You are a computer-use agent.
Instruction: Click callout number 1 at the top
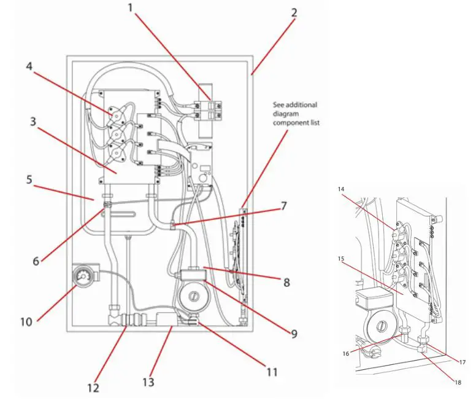coord(130,8)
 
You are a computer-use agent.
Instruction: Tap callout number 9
coord(294,334)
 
